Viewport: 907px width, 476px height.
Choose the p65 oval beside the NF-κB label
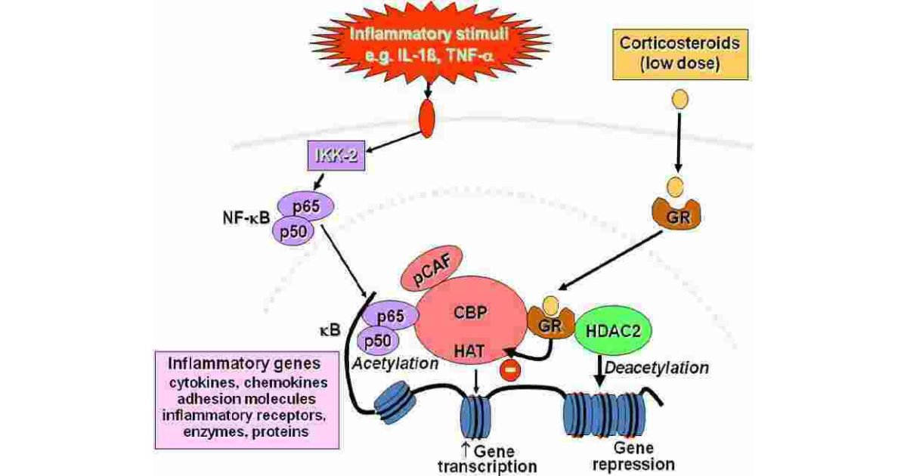(x=305, y=206)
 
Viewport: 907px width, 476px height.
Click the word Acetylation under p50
(x=395, y=363)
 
